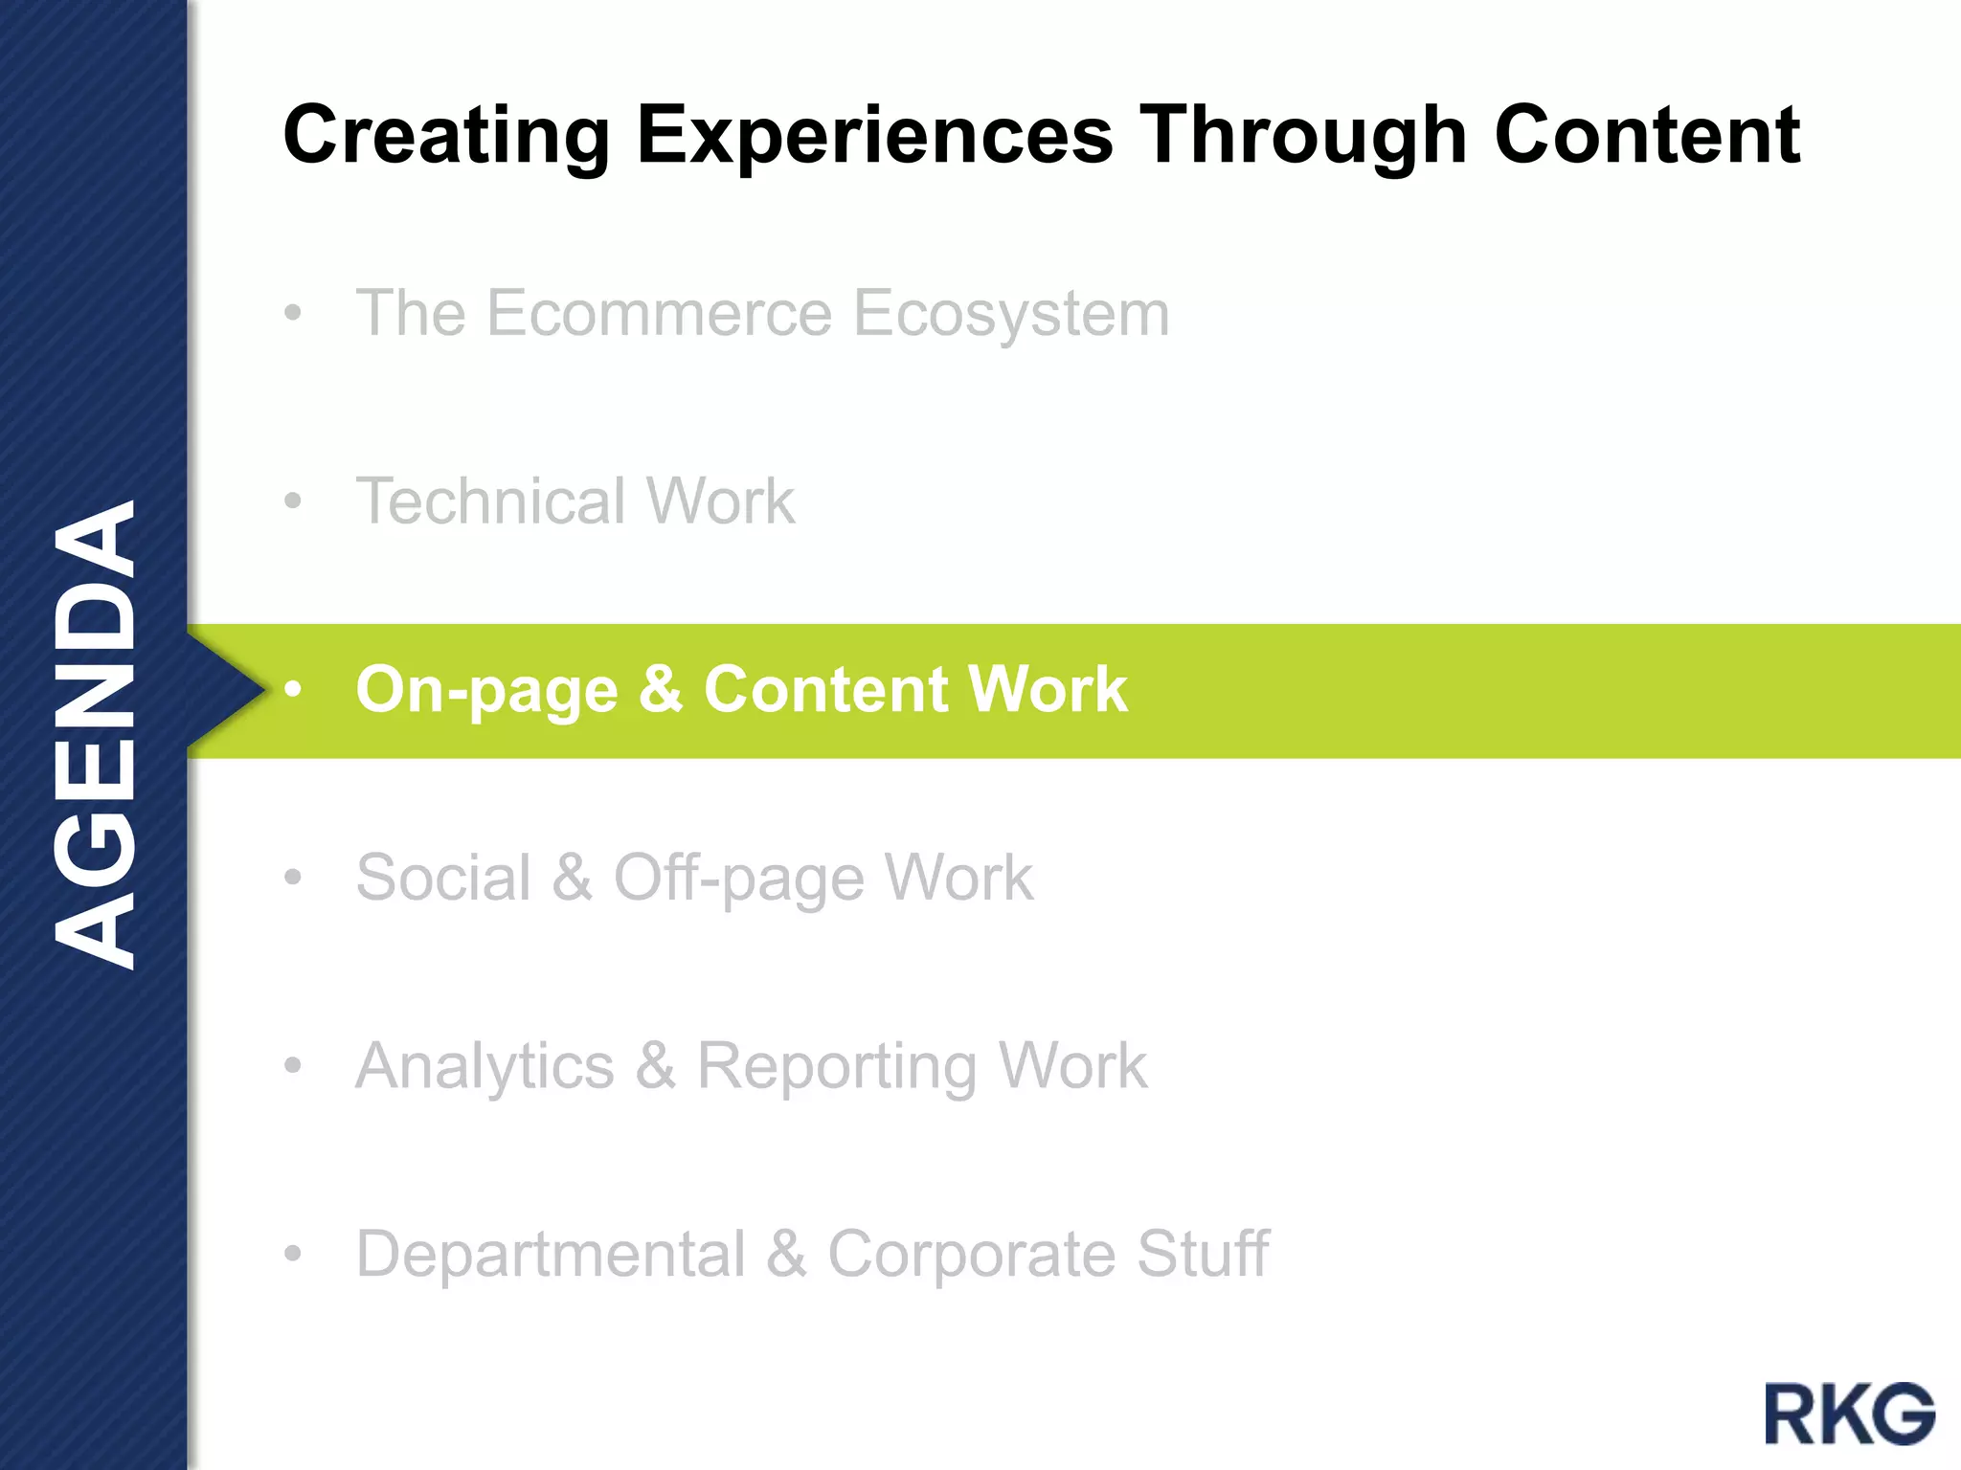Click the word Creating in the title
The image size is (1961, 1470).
[x=446, y=136]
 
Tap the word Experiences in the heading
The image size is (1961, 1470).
[x=875, y=136]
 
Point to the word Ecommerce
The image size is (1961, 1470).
[x=660, y=313]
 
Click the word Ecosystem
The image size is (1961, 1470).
[x=1011, y=313]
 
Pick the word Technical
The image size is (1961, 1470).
[x=490, y=501]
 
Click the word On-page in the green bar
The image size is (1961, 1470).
[x=486, y=690]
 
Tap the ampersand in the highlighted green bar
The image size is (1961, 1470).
[x=661, y=688]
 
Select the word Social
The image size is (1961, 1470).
[x=443, y=877]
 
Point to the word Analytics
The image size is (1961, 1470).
[x=485, y=1066]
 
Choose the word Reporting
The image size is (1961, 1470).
[x=837, y=1066]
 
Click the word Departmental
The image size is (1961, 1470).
[x=551, y=1254]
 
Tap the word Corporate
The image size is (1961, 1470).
[x=971, y=1254]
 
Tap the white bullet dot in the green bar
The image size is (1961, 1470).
[x=293, y=689]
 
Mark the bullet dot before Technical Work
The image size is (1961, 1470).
[x=293, y=501]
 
